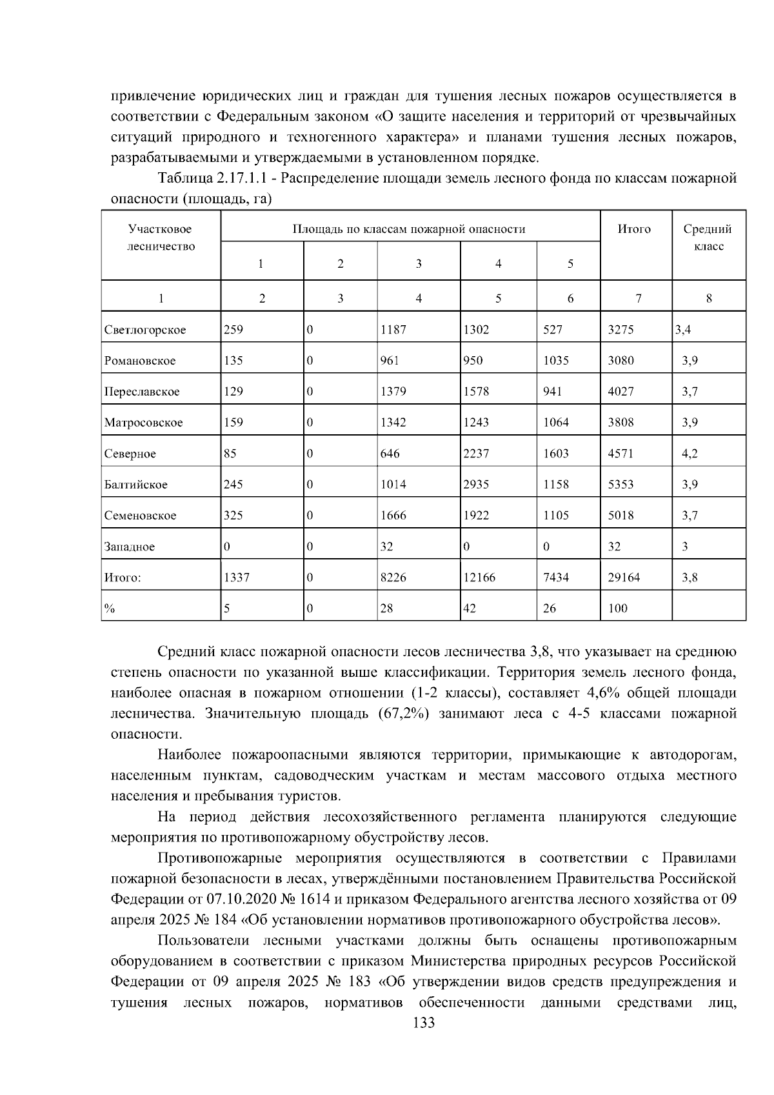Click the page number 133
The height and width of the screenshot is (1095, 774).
[x=424, y=1023]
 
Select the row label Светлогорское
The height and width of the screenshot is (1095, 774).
[x=145, y=330]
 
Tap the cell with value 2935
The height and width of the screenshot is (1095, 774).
[x=476, y=485]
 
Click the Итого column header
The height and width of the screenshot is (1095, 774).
[x=634, y=229]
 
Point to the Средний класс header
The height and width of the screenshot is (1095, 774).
[x=708, y=237]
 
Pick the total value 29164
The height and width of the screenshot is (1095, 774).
[x=624, y=578]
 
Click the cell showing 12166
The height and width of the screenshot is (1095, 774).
[x=479, y=578]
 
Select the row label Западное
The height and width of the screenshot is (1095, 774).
[x=130, y=547]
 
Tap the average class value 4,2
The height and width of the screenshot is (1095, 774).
[x=690, y=454]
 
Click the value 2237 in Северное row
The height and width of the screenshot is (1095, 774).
[x=476, y=454]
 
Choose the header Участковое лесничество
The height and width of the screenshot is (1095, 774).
[x=161, y=237]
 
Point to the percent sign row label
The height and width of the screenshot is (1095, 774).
[x=110, y=608]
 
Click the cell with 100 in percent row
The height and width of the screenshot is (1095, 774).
[x=617, y=608]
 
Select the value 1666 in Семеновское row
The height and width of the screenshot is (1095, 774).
[x=393, y=516]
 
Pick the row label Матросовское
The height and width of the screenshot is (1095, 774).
[x=143, y=423]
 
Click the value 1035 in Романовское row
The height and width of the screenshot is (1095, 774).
[x=556, y=361]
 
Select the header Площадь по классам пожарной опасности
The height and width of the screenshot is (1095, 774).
[x=409, y=229]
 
